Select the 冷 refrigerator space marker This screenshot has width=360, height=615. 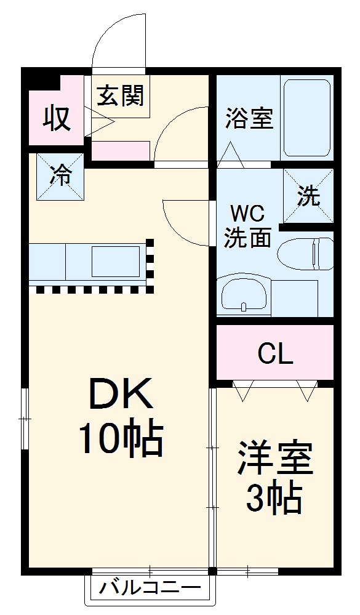pos(60,176)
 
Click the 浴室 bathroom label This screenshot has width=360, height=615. pos(249,118)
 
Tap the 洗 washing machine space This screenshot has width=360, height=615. pos(308,196)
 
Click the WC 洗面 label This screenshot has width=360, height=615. pos(247,226)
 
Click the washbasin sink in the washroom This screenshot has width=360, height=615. pos(244,296)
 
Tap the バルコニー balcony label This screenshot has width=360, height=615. pos(151,586)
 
